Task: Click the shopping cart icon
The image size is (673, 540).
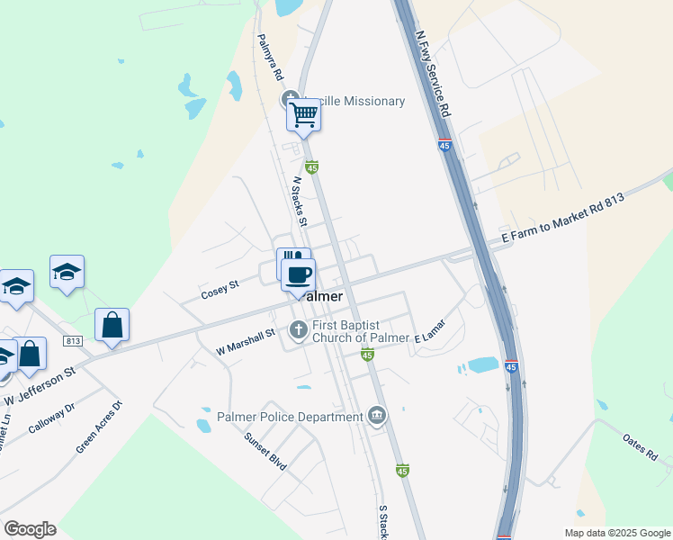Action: tap(304, 115)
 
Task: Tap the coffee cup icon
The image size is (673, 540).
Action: tap(298, 273)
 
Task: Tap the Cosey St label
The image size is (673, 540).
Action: tap(220, 290)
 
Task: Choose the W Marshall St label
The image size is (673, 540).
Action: tap(246, 341)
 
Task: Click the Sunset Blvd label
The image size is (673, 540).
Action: tap(265, 451)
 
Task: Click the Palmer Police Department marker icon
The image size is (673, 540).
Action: tap(377, 416)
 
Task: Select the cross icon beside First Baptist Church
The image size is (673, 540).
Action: tap(299, 330)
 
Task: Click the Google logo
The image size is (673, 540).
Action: tap(30, 529)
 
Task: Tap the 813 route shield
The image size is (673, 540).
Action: tap(73, 341)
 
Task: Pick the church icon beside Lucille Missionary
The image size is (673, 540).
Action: tap(290, 99)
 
